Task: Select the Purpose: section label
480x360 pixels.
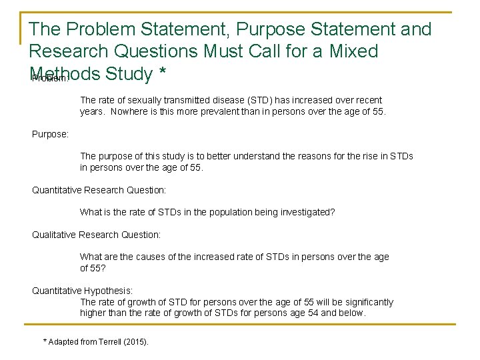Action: [x=51, y=134]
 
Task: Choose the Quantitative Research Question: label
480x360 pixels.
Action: [x=99, y=190]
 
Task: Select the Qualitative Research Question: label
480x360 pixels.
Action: [x=97, y=235]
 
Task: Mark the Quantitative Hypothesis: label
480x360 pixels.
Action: [x=83, y=291]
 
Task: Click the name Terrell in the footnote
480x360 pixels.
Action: [x=111, y=342]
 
